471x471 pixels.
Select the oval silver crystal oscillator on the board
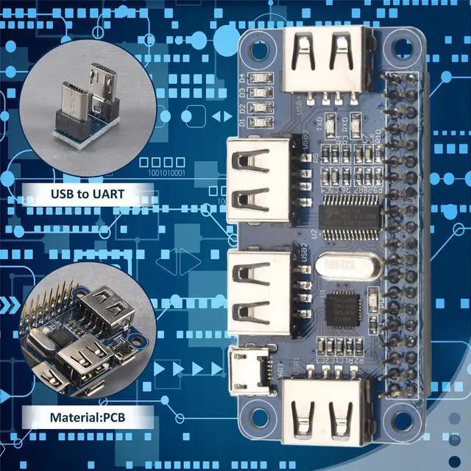pos(342,263)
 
